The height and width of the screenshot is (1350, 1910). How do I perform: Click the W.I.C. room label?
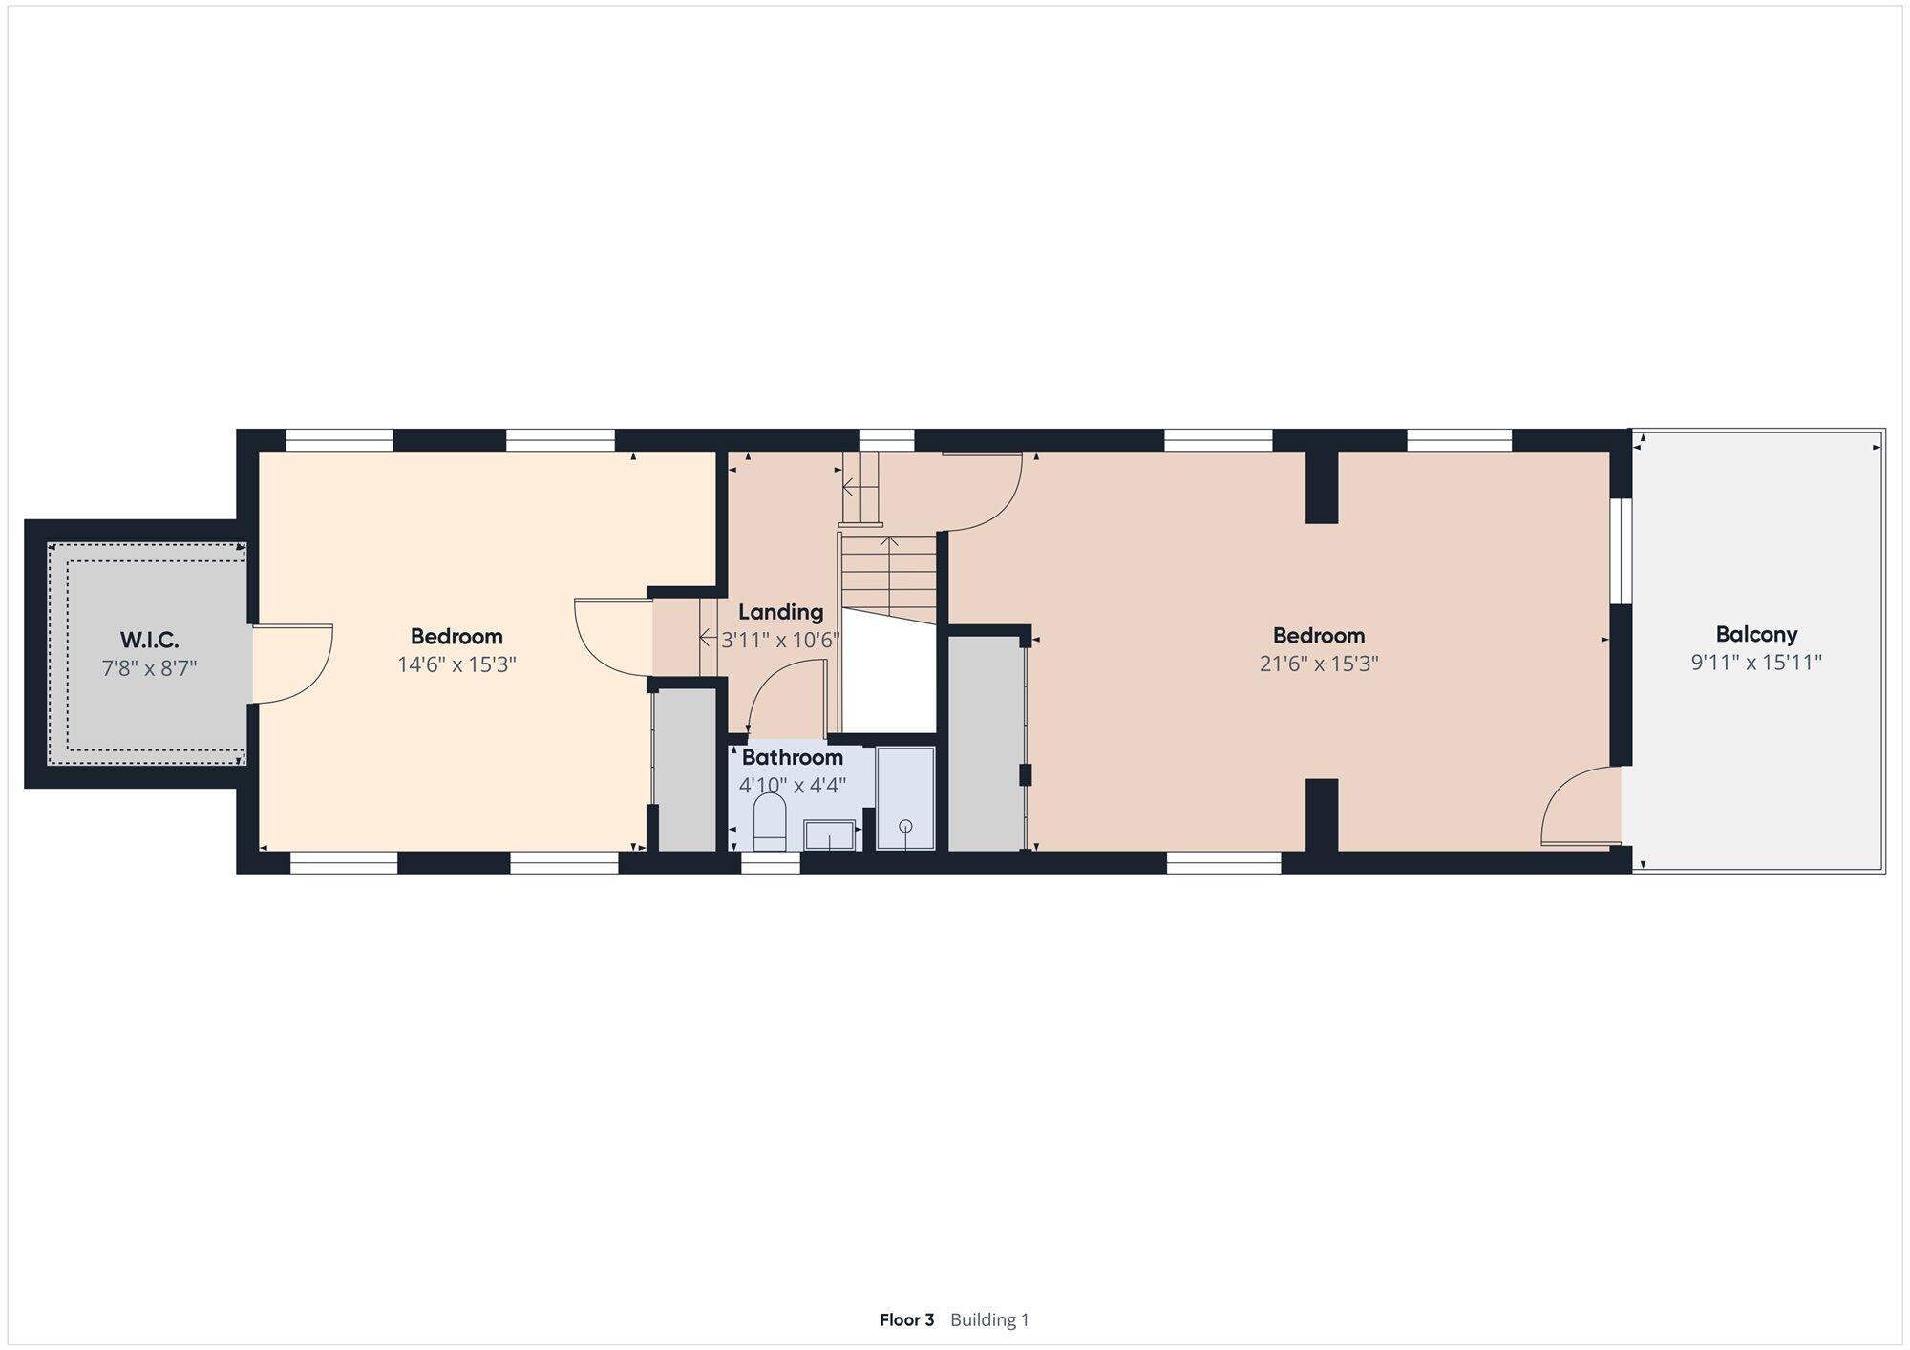point(150,640)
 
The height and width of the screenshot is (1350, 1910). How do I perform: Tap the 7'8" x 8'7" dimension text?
point(150,667)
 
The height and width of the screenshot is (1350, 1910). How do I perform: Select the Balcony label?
point(1756,635)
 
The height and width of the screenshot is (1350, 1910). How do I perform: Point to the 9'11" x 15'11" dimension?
point(1756,663)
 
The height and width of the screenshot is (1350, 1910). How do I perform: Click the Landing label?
point(780,612)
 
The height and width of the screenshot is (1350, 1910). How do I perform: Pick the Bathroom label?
point(793,757)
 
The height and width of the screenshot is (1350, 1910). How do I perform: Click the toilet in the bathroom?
point(770,823)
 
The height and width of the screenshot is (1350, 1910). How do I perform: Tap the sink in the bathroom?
point(829,834)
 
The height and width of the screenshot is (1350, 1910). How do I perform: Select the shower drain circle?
point(905,826)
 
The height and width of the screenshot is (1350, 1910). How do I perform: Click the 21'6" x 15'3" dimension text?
point(1319,664)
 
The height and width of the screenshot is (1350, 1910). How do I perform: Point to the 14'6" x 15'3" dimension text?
point(456,664)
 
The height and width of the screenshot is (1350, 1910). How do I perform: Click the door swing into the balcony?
point(1581,808)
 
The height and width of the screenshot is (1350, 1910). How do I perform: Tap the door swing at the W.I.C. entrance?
point(292,664)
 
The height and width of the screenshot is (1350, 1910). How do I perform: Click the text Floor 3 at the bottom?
point(906,1319)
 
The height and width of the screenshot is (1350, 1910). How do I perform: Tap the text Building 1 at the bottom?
point(989,1319)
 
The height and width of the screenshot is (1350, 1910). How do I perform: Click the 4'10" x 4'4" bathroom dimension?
point(793,786)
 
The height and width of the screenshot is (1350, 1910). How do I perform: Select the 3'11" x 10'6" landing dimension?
point(780,640)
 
